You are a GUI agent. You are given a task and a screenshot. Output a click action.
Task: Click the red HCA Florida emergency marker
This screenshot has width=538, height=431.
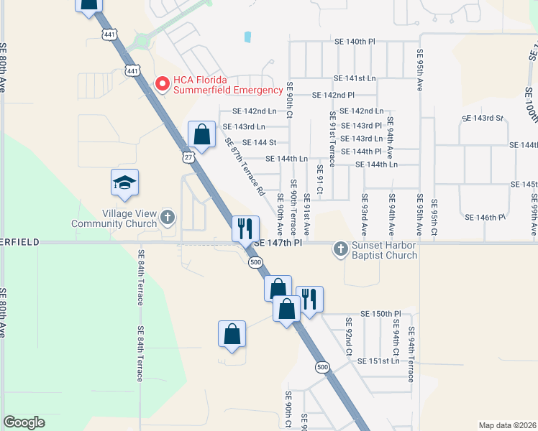[x=163, y=85]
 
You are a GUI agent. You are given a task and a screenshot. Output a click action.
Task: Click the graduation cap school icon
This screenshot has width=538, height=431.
[x=124, y=183]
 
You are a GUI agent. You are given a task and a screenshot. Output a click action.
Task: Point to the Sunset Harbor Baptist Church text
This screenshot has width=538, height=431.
[x=385, y=250]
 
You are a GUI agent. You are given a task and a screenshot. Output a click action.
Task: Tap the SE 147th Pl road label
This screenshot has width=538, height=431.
[x=277, y=243]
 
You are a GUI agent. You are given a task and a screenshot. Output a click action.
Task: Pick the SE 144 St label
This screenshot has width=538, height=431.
[x=260, y=142]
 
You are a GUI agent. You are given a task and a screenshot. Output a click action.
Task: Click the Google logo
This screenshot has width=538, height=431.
[x=24, y=422]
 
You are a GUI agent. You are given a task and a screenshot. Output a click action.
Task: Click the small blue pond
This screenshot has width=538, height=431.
[x=248, y=36]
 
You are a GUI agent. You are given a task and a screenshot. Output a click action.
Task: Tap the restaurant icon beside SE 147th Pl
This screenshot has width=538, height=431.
[x=245, y=228]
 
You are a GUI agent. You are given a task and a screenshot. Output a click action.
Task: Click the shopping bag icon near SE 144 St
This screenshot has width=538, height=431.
[x=202, y=134]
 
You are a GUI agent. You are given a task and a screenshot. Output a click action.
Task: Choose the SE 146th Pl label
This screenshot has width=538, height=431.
[x=486, y=217]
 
